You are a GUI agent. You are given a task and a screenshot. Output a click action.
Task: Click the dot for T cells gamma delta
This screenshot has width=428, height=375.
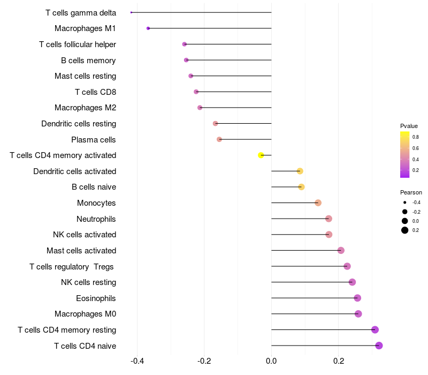[x=131, y=12]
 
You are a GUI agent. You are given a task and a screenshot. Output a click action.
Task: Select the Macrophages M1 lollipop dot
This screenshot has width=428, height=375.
[x=148, y=28]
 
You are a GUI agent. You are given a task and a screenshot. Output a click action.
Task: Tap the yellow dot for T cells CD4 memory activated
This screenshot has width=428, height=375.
[x=261, y=155]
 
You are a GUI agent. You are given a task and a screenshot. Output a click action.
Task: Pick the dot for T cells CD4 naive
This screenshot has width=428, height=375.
[x=379, y=346]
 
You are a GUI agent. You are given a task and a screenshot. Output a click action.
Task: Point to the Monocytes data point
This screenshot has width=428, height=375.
[x=318, y=202]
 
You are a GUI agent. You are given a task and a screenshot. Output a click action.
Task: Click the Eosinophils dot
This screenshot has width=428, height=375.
[x=357, y=298]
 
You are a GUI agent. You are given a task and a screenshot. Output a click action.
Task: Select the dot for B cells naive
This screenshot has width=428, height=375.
[x=301, y=187]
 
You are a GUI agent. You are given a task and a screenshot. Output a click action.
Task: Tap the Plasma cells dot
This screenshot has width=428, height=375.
[x=219, y=139]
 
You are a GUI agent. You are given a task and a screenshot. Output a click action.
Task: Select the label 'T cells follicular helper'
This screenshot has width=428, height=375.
[x=78, y=44]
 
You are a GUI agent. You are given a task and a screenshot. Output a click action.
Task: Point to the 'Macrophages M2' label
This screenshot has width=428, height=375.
[x=86, y=108]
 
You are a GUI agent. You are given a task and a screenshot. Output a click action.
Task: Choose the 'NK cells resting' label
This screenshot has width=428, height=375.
[x=88, y=282]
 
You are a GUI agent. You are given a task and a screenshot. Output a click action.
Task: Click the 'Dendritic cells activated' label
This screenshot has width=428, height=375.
[x=75, y=171]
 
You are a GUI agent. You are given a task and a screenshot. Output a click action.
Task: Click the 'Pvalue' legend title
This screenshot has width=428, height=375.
[x=409, y=126]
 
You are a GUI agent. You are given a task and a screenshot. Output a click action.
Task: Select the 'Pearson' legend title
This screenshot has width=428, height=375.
[x=411, y=192]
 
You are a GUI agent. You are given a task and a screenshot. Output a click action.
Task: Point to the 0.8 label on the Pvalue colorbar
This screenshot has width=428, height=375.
[x=416, y=137]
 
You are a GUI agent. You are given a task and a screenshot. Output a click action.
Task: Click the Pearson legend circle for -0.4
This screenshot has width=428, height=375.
[x=405, y=202]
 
